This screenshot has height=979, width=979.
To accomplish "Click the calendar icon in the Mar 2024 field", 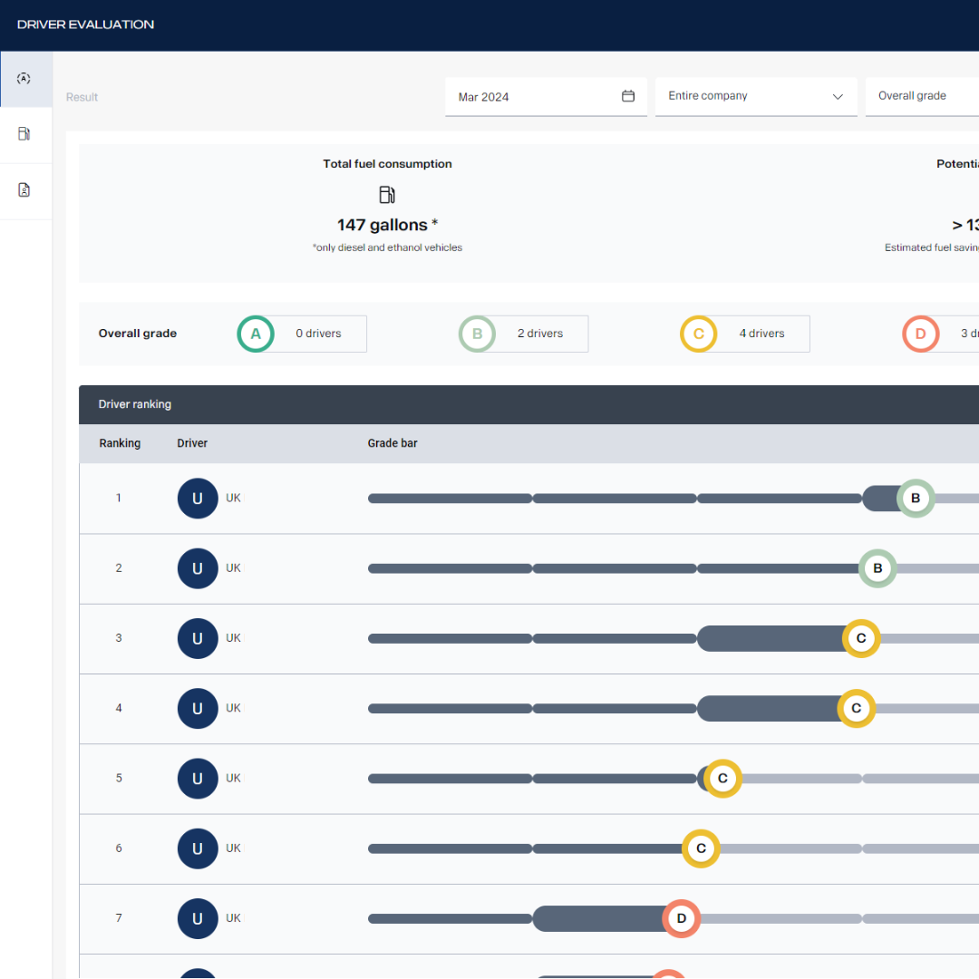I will (x=628, y=96).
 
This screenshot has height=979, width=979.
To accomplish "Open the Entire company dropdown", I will (x=755, y=96).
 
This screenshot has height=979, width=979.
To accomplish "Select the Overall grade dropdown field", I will (x=916, y=96).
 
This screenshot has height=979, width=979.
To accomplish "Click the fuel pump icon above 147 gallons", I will (x=387, y=195).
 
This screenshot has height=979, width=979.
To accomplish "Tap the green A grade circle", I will (x=256, y=334).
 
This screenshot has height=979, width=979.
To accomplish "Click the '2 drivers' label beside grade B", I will (x=540, y=334).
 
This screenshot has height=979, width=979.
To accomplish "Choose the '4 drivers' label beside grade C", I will (x=761, y=334).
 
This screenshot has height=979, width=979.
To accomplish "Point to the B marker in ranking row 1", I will (x=916, y=499).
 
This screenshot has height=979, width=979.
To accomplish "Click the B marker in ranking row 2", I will (x=877, y=568).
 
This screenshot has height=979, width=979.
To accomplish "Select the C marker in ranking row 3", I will (x=861, y=638).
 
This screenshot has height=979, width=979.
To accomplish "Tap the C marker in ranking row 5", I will (x=722, y=779).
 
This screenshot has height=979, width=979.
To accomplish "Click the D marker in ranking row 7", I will (x=682, y=918).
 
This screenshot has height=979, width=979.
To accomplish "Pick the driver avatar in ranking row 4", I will (x=198, y=709).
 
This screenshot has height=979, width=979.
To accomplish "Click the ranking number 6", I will (x=119, y=848).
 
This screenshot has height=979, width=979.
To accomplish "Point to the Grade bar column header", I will (x=393, y=443).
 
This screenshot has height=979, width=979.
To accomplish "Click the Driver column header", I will (x=192, y=443).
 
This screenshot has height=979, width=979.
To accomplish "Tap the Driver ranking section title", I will (x=135, y=404).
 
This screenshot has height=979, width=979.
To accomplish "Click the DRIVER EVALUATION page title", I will (x=86, y=24).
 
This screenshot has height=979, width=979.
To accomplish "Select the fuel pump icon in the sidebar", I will (x=24, y=134).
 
